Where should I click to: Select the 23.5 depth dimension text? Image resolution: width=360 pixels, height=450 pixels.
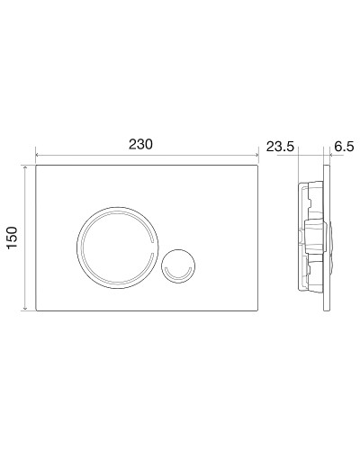pyautogui.click(x=281, y=147)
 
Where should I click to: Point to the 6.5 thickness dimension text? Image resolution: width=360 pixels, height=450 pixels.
pyautogui.click(x=345, y=147)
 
